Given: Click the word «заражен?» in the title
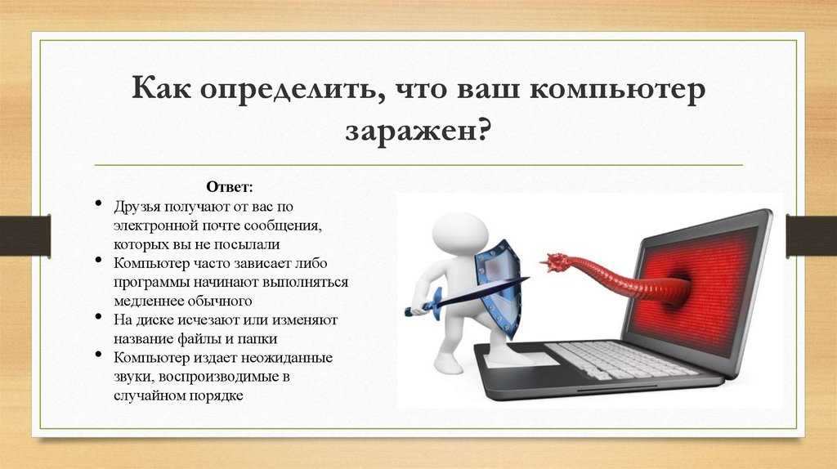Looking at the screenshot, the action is pyautogui.click(x=418, y=130).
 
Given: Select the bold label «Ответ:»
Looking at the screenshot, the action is pyautogui.click(x=230, y=187).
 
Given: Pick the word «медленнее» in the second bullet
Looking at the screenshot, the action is pyautogui.click(x=147, y=301).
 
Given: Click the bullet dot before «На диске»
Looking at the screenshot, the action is pyautogui.click(x=98, y=317).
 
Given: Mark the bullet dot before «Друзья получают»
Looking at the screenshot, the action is pyautogui.click(x=98, y=203).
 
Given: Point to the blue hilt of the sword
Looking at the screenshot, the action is pyautogui.click(x=427, y=304).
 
